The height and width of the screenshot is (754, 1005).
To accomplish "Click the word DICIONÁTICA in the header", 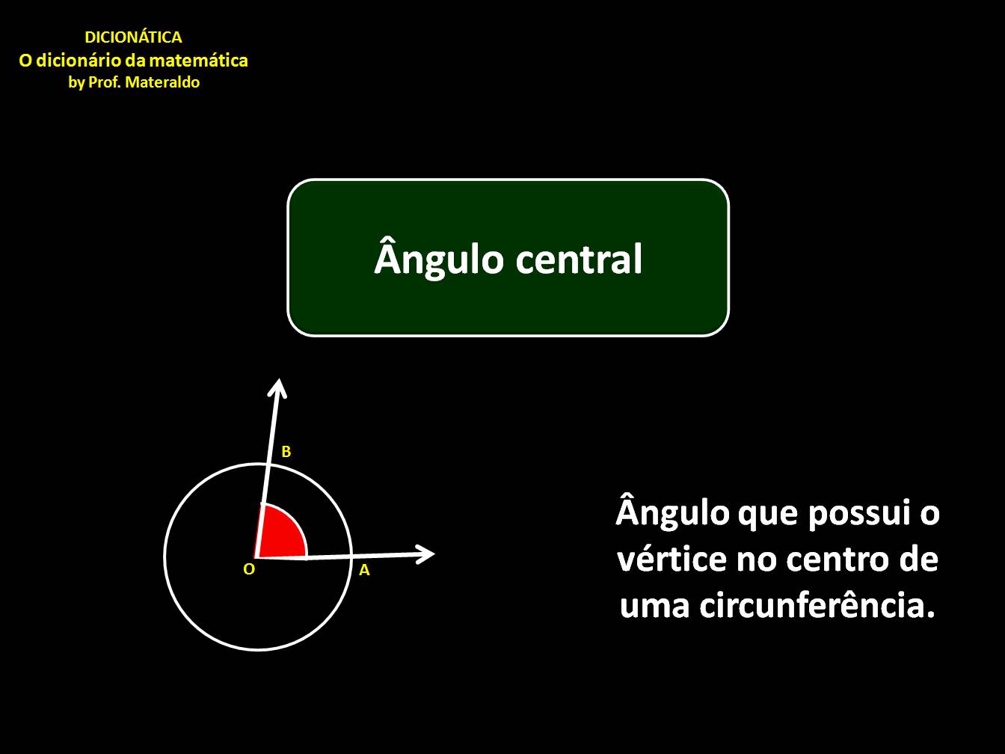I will pos(133,37).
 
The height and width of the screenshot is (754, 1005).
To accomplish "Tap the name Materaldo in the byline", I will pos(162,82).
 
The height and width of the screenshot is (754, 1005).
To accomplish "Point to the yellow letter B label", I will pos(286,452).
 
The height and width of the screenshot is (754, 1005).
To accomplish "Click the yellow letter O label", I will pos(249,569).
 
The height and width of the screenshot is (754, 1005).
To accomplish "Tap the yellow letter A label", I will pos(364,570).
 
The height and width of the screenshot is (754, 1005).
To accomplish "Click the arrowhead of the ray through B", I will pos(279,387).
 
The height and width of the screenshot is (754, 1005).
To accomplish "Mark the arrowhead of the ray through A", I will pos(426,554).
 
